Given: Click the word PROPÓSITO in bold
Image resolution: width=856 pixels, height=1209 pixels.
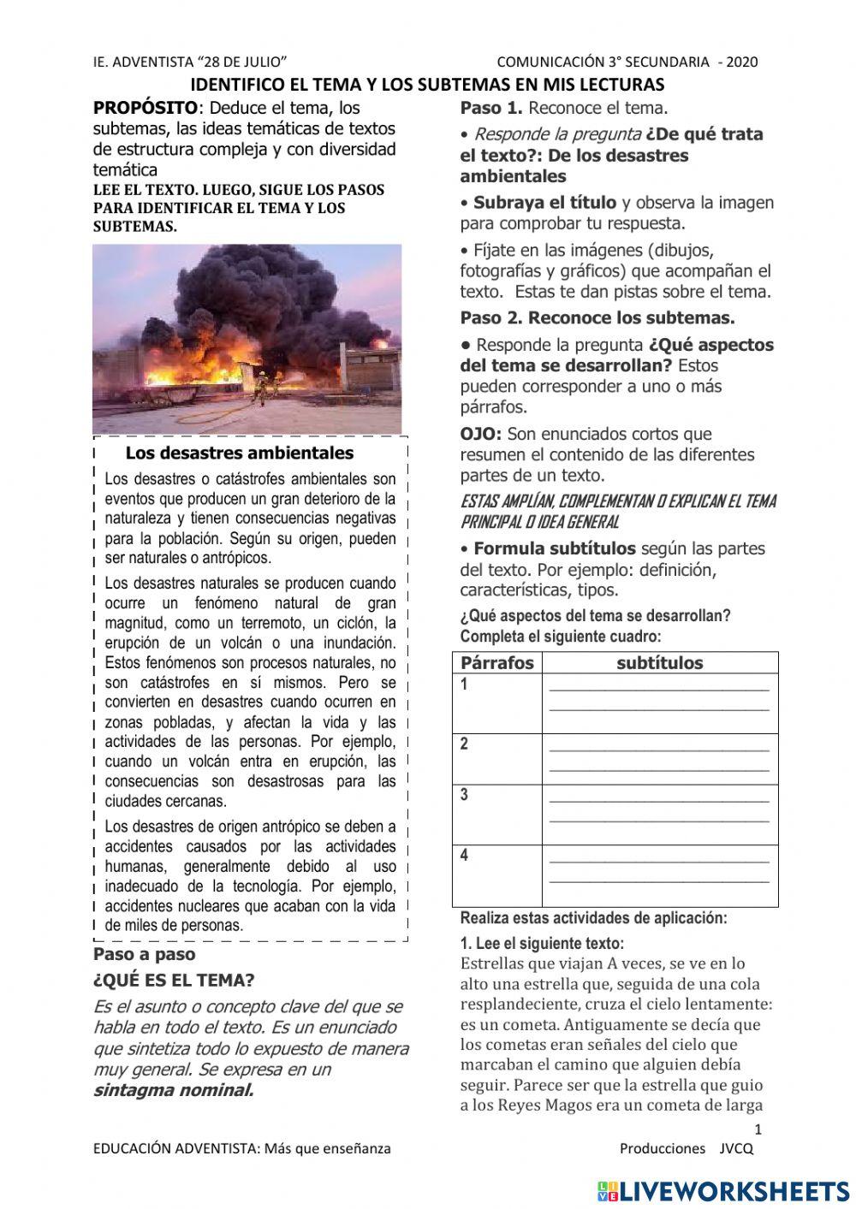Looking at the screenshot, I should [x=145, y=109].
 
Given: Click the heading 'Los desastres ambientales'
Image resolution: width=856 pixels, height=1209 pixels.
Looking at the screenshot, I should [x=239, y=453].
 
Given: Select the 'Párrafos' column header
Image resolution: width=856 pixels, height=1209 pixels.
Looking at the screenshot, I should [x=496, y=663].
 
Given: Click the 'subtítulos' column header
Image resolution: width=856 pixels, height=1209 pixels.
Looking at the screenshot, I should [x=659, y=663].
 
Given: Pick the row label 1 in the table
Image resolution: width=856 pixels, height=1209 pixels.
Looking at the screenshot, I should [x=465, y=685].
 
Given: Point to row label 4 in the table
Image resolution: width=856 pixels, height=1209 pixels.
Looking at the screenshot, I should [x=465, y=855].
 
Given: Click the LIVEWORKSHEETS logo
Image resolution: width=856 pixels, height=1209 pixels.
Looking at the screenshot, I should [x=723, y=1190].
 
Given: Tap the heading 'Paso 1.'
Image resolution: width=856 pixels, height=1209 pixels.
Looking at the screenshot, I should [x=491, y=109].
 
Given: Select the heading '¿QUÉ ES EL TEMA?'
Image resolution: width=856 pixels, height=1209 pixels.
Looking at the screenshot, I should [x=174, y=981].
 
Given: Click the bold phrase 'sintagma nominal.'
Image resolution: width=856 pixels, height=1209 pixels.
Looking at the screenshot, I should [x=174, y=1090].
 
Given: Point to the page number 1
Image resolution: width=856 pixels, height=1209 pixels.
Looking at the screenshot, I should [x=758, y=1129].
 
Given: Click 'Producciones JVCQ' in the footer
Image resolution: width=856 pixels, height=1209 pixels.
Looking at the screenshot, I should [x=687, y=1149].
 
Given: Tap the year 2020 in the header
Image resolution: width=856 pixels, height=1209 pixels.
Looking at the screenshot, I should [x=742, y=62].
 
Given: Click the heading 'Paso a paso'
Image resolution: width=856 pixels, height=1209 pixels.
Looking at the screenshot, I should [x=144, y=954].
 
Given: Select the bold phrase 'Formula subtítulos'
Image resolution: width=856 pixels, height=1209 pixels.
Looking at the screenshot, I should [x=554, y=548].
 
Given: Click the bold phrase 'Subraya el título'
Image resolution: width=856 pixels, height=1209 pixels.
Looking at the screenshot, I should [x=544, y=203].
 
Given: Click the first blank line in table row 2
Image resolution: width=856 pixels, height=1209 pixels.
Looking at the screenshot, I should [x=659, y=749].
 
